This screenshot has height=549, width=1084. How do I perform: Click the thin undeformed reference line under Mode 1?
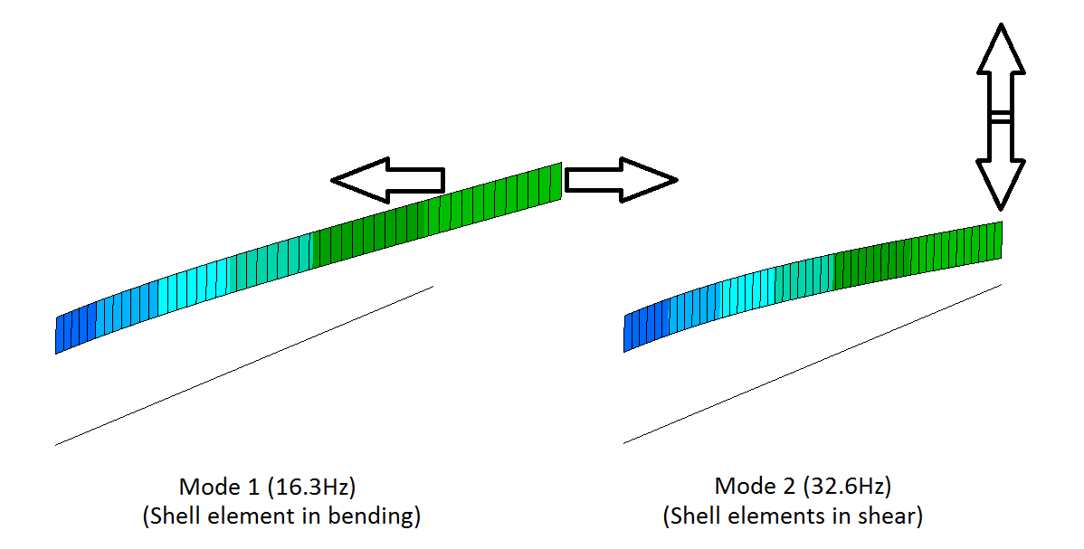244,365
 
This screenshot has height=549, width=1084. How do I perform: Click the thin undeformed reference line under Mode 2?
813,364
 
